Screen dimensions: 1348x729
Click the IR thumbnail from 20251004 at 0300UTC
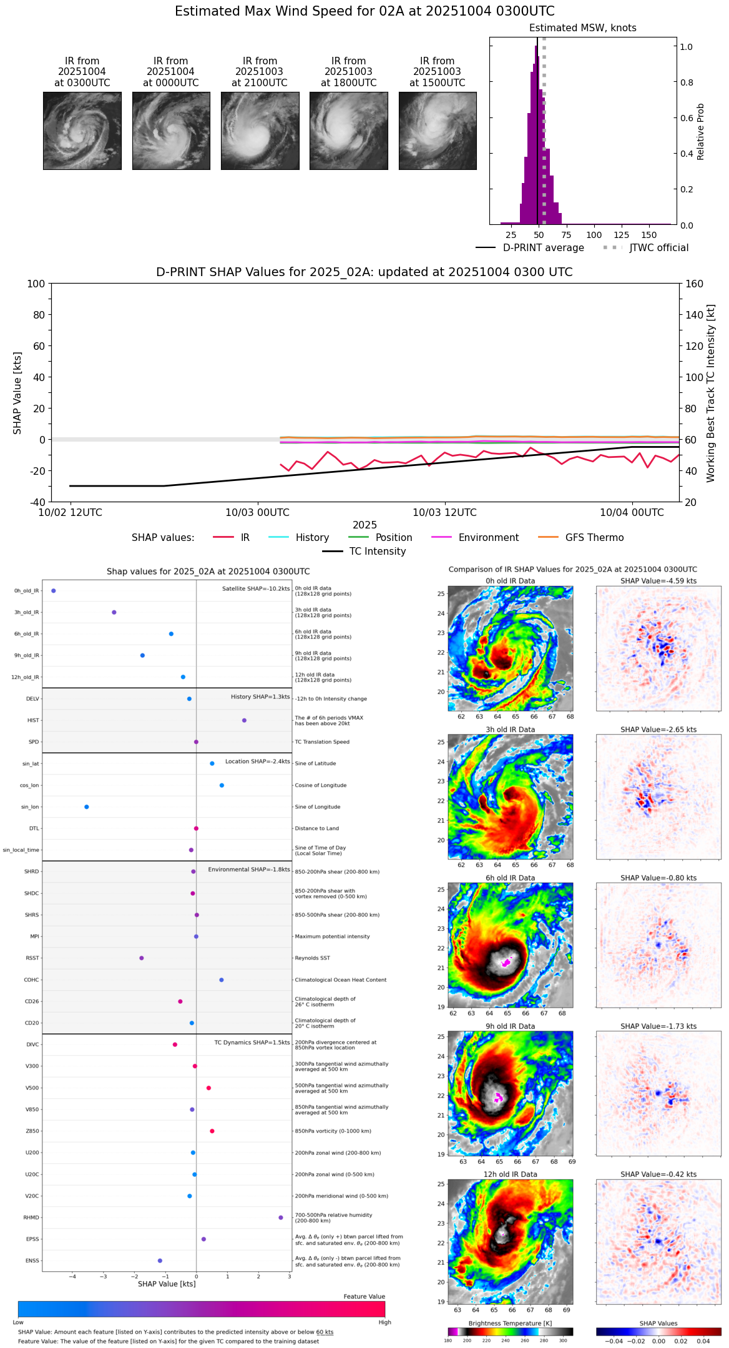pos(82,131)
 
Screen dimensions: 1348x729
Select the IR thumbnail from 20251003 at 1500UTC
pos(438,131)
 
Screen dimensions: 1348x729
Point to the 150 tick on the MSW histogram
pos(649,235)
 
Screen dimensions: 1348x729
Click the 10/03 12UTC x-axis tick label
pos(444,513)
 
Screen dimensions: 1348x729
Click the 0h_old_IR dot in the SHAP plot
pos(54,591)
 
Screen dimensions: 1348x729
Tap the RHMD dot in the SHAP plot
pos(281,1217)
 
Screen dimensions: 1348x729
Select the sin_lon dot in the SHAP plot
pos(87,807)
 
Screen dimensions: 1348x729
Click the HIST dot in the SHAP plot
pos(244,720)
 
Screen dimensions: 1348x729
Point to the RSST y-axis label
pos(32,958)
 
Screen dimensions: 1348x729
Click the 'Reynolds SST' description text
pos(312,958)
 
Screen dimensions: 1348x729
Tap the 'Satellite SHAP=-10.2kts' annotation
pos(256,588)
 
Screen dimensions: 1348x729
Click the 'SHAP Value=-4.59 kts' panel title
pos(658,581)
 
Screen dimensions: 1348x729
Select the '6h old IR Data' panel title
pos(510,878)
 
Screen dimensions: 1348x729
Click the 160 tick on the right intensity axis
pos(695,284)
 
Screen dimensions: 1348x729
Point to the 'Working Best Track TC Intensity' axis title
pos(711,394)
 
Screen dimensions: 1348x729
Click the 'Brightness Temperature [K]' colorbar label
pos(510,1323)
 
